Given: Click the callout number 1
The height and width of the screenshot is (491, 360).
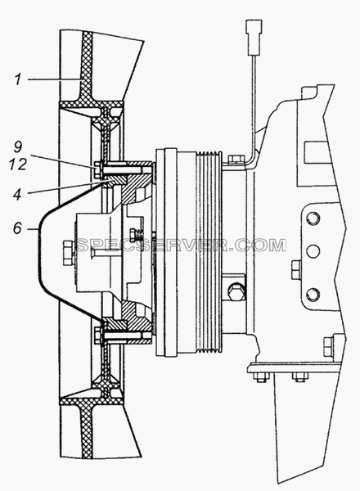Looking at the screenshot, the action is point(18,79).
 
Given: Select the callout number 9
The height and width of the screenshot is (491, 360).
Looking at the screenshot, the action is point(18,146).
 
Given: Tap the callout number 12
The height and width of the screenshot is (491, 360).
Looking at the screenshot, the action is point(18,164).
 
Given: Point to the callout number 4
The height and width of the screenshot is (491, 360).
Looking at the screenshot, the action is point(17,194).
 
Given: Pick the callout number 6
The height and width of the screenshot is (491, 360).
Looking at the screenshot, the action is point(17,228).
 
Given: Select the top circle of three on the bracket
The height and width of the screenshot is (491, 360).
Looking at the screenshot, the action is point(313,218).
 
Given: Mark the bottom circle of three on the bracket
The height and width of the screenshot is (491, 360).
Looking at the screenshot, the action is point(313,295).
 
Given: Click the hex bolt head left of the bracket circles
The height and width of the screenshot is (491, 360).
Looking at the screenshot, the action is point(295,269).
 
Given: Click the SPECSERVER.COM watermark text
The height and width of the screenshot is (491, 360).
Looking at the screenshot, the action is point(180,245).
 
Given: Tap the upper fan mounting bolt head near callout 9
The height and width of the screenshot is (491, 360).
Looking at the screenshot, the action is point(97,168).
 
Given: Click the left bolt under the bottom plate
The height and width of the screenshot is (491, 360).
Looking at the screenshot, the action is point(260,377).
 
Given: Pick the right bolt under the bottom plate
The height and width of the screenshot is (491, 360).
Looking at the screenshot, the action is point(298,377).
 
